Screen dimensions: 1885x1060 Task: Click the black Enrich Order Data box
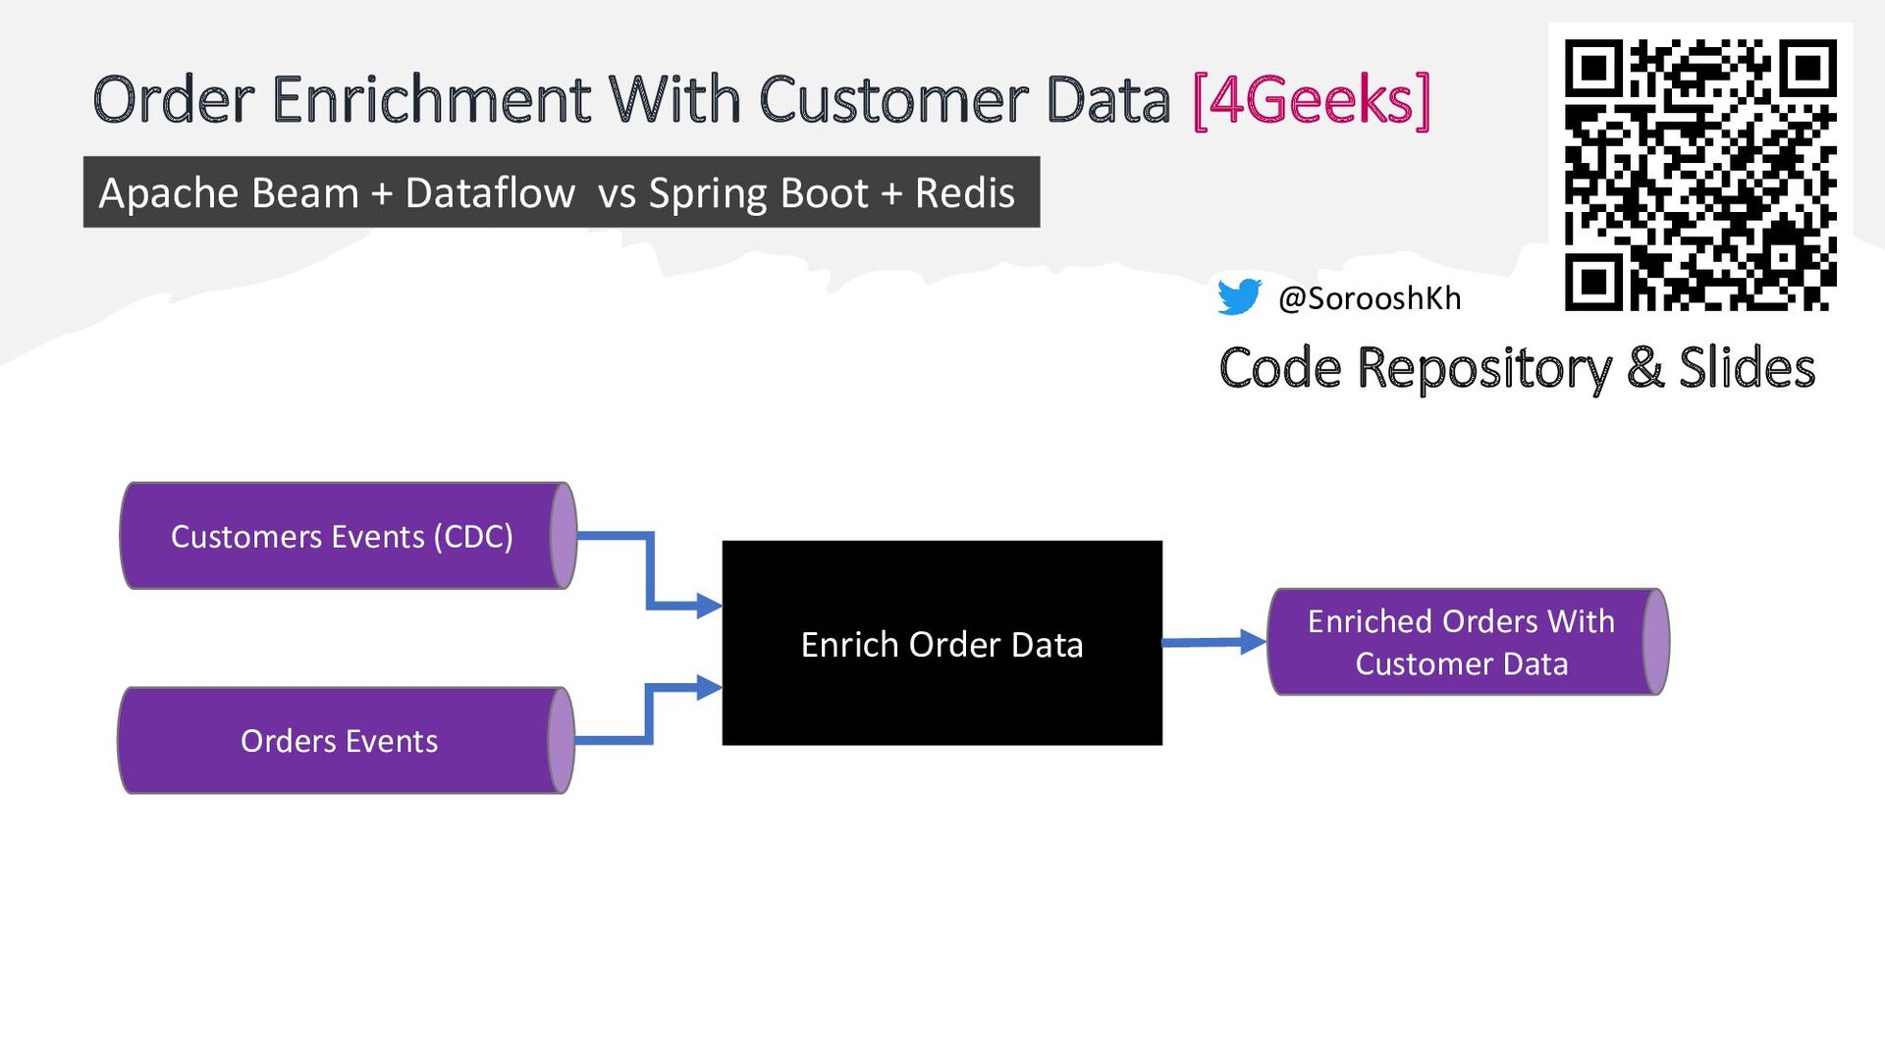click(942, 643)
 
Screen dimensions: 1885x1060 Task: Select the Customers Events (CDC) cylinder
click(349, 536)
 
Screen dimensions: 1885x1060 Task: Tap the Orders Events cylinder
click(346, 740)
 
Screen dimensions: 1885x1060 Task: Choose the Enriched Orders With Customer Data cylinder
click(1469, 642)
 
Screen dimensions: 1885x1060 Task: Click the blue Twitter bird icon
click(1239, 296)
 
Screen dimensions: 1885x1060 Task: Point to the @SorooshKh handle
click(1370, 297)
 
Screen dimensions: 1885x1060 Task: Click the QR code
click(1700, 175)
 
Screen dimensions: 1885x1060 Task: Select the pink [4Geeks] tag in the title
click(1312, 99)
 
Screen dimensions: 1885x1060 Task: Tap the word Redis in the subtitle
click(965, 192)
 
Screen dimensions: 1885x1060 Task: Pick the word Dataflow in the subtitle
click(490, 192)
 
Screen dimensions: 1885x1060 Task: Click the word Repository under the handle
click(1483, 369)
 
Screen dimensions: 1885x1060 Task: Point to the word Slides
click(1747, 367)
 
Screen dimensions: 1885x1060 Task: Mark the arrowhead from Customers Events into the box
click(710, 606)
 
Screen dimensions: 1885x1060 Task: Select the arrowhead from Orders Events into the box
click(710, 687)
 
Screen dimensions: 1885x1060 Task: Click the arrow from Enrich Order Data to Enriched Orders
click(1214, 643)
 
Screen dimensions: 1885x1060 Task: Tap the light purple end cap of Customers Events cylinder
click(564, 536)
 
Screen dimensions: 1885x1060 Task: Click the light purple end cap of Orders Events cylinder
click(562, 740)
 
